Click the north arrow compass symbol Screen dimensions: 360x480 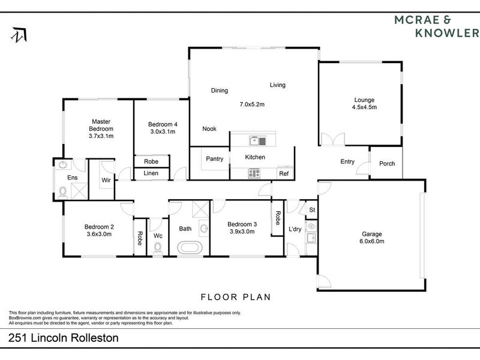[x=19, y=35]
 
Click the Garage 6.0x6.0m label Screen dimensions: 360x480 [x=372, y=238]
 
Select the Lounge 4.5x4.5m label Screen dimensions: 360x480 [x=364, y=104]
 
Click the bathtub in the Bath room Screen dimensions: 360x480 [x=191, y=247]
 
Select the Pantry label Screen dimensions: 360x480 [x=214, y=159]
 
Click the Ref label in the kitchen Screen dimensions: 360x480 [x=283, y=174]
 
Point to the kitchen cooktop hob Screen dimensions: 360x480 [x=254, y=173]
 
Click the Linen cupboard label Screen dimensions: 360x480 [x=151, y=173]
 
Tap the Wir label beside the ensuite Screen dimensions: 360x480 [x=106, y=179]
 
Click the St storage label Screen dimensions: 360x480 [x=311, y=209]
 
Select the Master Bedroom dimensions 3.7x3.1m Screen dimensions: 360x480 [x=101, y=136]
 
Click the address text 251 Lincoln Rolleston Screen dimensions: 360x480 [x=64, y=338]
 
